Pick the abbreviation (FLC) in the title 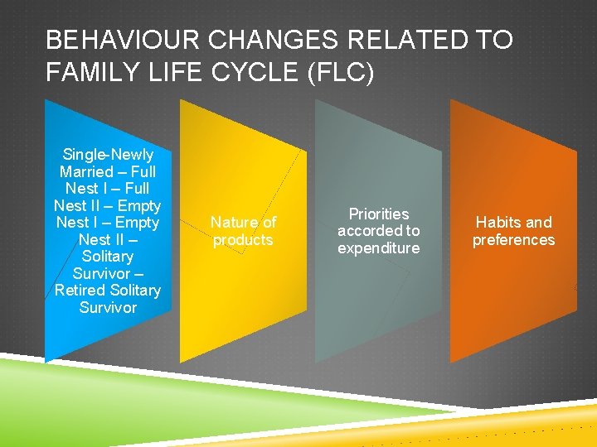(x=341, y=73)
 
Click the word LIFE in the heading (x=169, y=73)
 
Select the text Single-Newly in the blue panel (x=108, y=155)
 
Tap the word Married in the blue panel (x=86, y=172)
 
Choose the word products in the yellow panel (x=243, y=240)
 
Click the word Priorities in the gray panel (x=379, y=214)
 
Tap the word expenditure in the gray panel (x=379, y=248)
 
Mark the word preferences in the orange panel (x=513, y=240)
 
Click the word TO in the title (x=494, y=40)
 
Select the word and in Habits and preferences (x=538, y=223)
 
